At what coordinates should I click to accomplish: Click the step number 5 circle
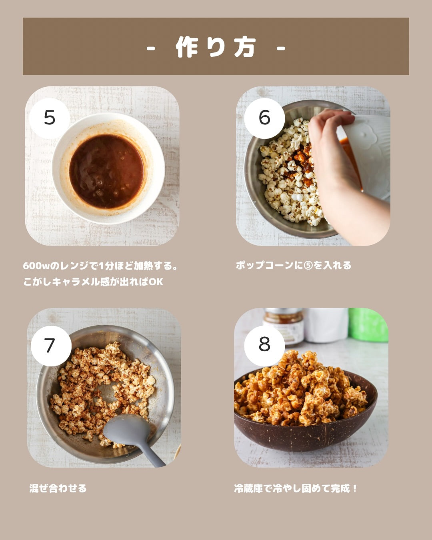pos(50,118)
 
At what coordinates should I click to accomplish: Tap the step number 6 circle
pos(264,118)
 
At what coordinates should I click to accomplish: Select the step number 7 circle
pos(51,346)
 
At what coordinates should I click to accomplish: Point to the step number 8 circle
pos(264,346)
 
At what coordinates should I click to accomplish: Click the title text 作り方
pos(216,47)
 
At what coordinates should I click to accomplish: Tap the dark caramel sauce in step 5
pos(107,171)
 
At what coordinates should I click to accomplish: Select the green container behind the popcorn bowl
pos(368,325)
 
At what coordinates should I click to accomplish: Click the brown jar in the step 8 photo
pos(284,325)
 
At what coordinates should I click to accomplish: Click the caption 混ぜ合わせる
pos(58,488)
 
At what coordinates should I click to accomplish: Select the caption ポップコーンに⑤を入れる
pos(294,266)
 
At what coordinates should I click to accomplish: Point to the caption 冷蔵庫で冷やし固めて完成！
pos(296,488)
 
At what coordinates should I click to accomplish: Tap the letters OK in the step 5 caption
pos(156,282)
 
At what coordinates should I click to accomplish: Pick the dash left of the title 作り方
pos(151,48)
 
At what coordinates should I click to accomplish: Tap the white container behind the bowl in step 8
pos(326,325)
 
